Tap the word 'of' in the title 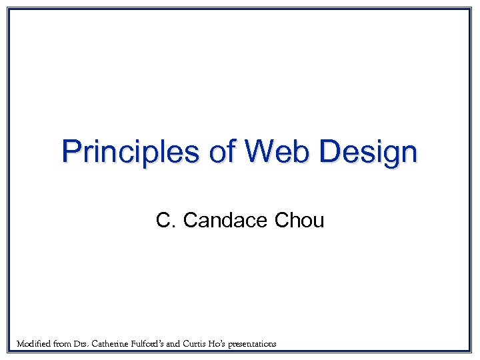pos(219,152)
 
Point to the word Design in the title pos(368,152)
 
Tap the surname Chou pos(299,220)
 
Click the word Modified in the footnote pos(33,344)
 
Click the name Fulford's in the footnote pos(163,344)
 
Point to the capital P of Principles pos(70,152)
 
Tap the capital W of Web pos(258,152)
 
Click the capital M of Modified pos(21,344)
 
